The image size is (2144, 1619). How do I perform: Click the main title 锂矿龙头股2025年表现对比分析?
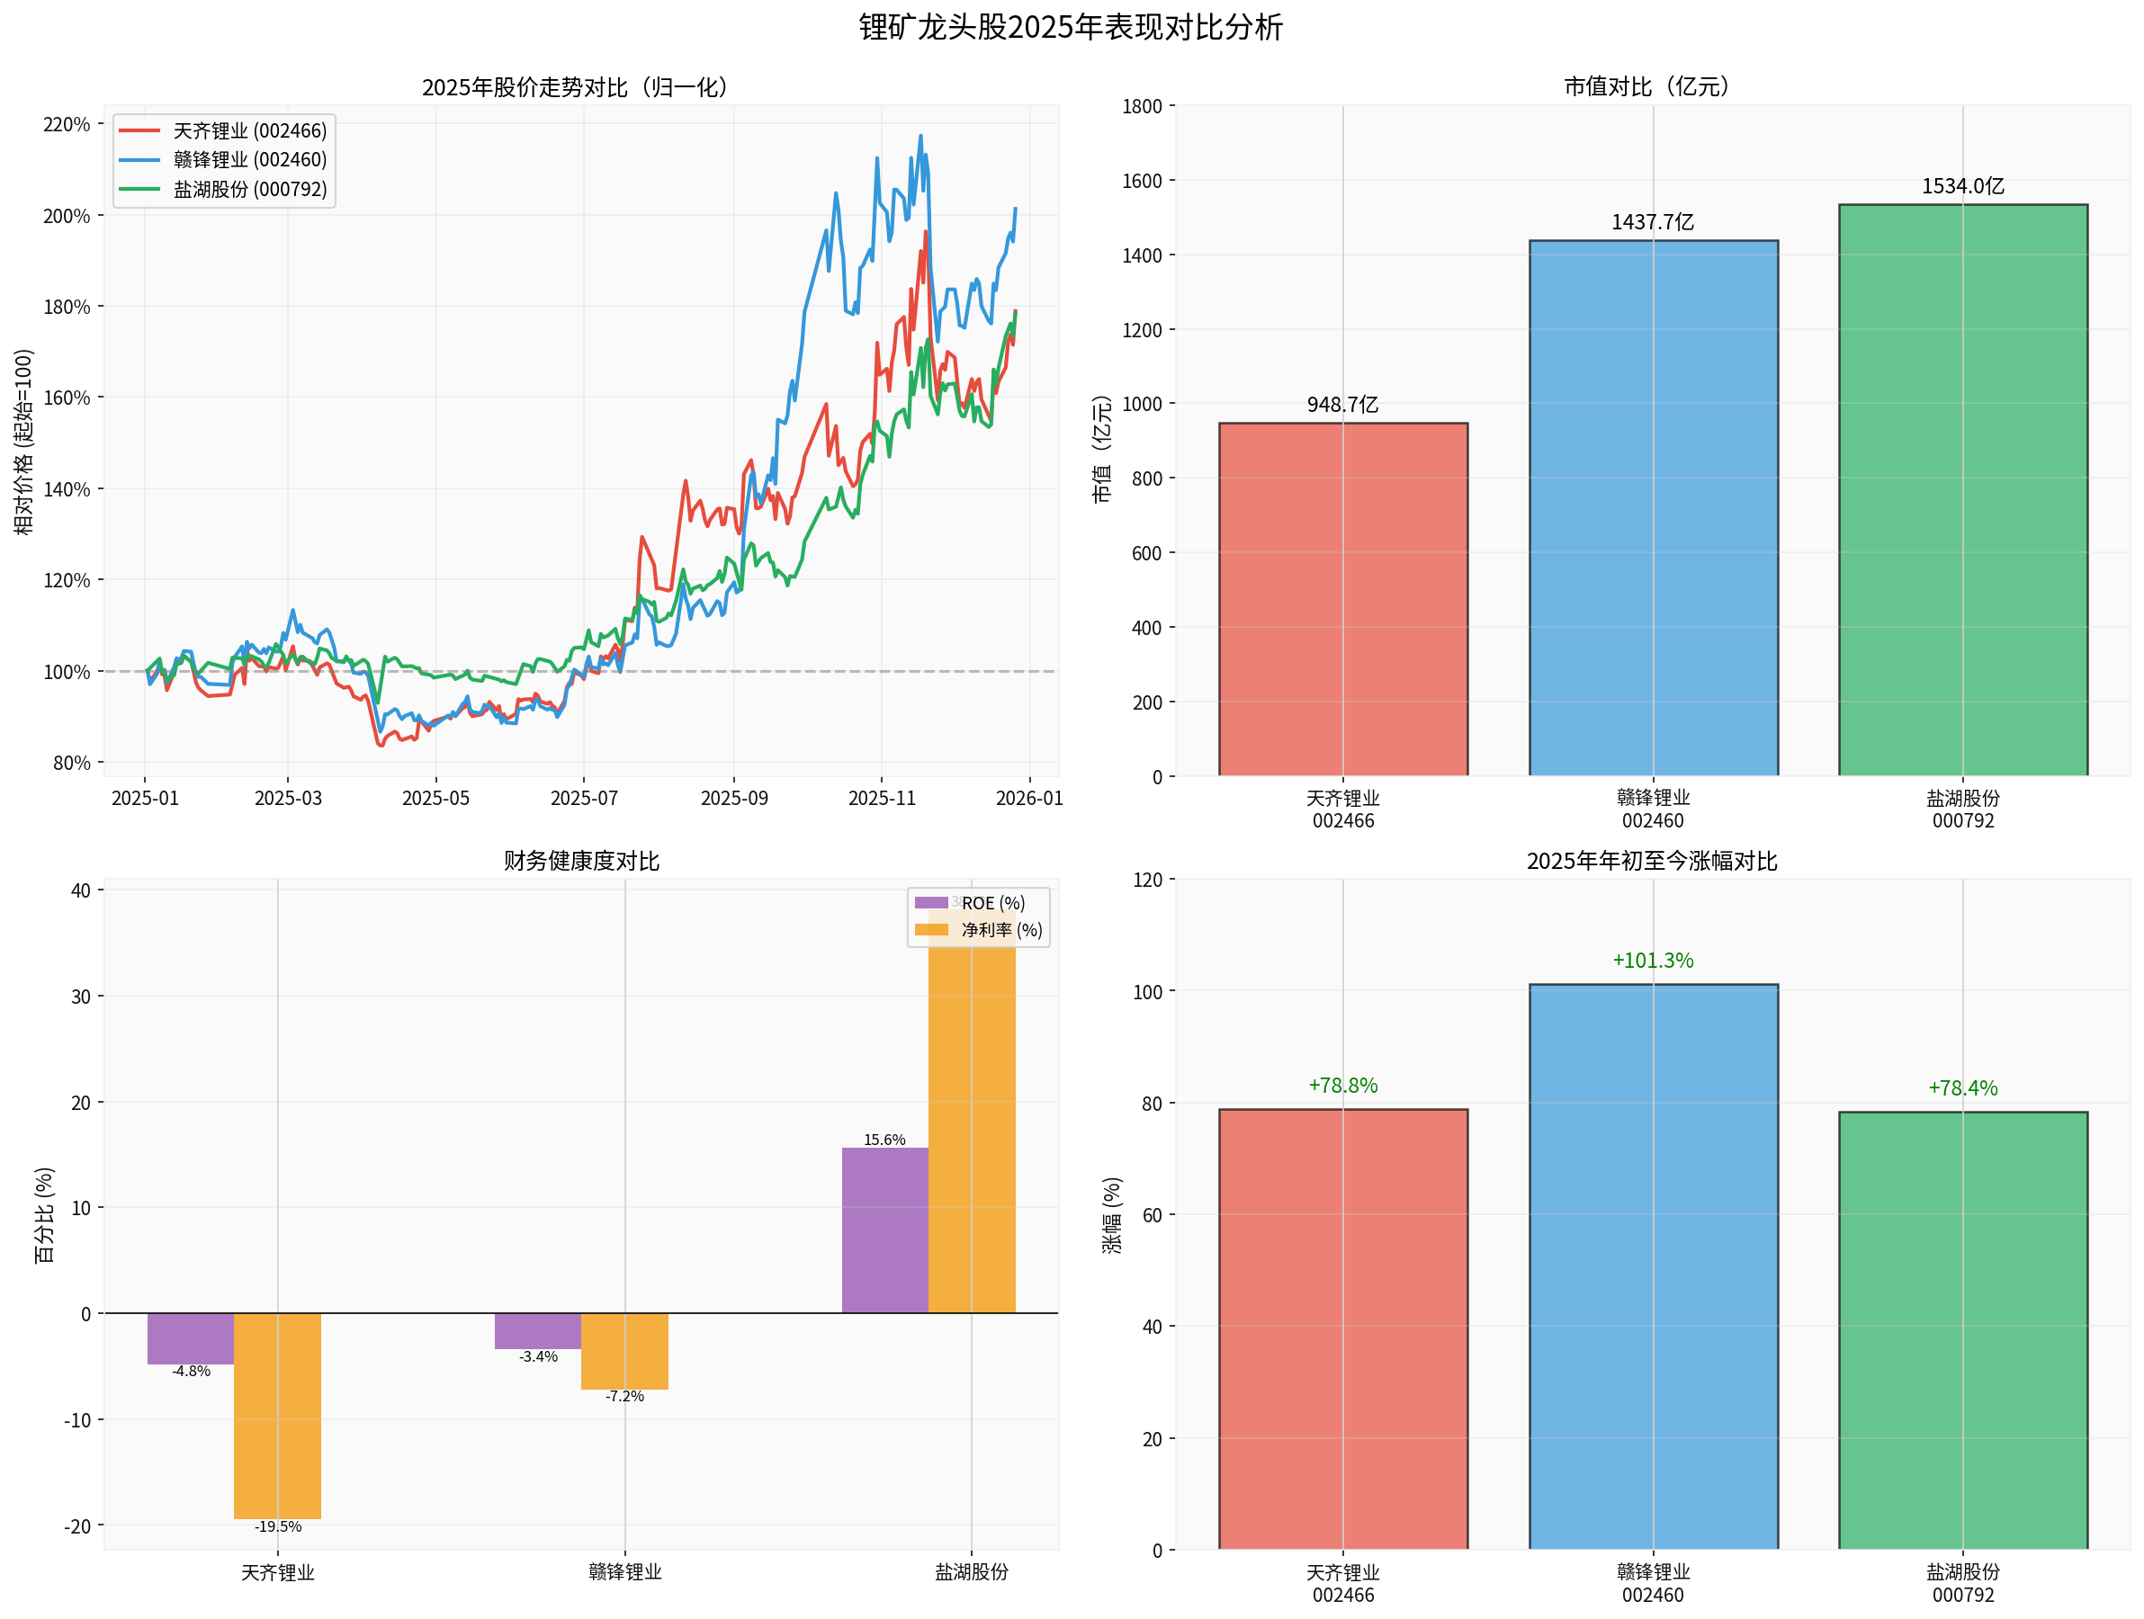(x=1070, y=27)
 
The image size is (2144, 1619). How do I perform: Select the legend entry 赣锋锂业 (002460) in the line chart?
(x=250, y=160)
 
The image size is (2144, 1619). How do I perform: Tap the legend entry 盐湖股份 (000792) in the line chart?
(x=250, y=190)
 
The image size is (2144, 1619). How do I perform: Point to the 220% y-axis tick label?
(x=66, y=124)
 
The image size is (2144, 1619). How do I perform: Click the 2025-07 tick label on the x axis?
(x=584, y=799)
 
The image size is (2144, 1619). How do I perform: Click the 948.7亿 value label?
(x=1342, y=405)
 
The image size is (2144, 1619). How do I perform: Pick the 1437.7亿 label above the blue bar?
(x=1653, y=223)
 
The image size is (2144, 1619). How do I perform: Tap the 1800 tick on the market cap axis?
(x=1142, y=106)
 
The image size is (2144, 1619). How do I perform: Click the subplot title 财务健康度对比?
(x=581, y=862)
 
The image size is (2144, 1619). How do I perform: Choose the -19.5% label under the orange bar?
(x=278, y=1527)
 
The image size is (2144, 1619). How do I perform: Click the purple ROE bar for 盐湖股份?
(x=885, y=1230)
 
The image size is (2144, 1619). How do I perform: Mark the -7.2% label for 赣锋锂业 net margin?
(x=624, y=1396)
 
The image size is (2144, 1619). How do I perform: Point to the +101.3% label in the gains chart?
(x=1653, y=962)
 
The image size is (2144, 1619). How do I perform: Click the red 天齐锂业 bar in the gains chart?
(x=1342, y=1328)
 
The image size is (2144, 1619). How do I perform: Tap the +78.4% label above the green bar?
(x=1963, y=1088)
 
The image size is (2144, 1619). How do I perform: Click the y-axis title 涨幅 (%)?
(x=1112, y=1216)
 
